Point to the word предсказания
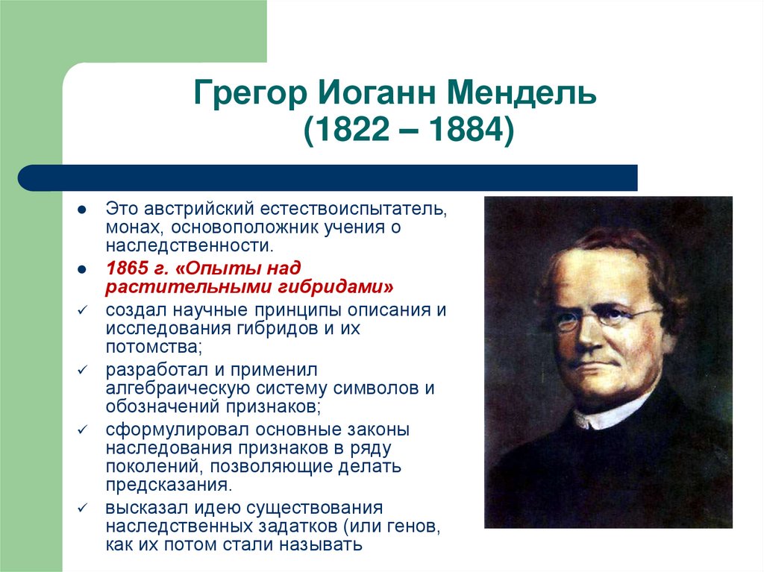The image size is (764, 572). (x=166, y=485)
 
